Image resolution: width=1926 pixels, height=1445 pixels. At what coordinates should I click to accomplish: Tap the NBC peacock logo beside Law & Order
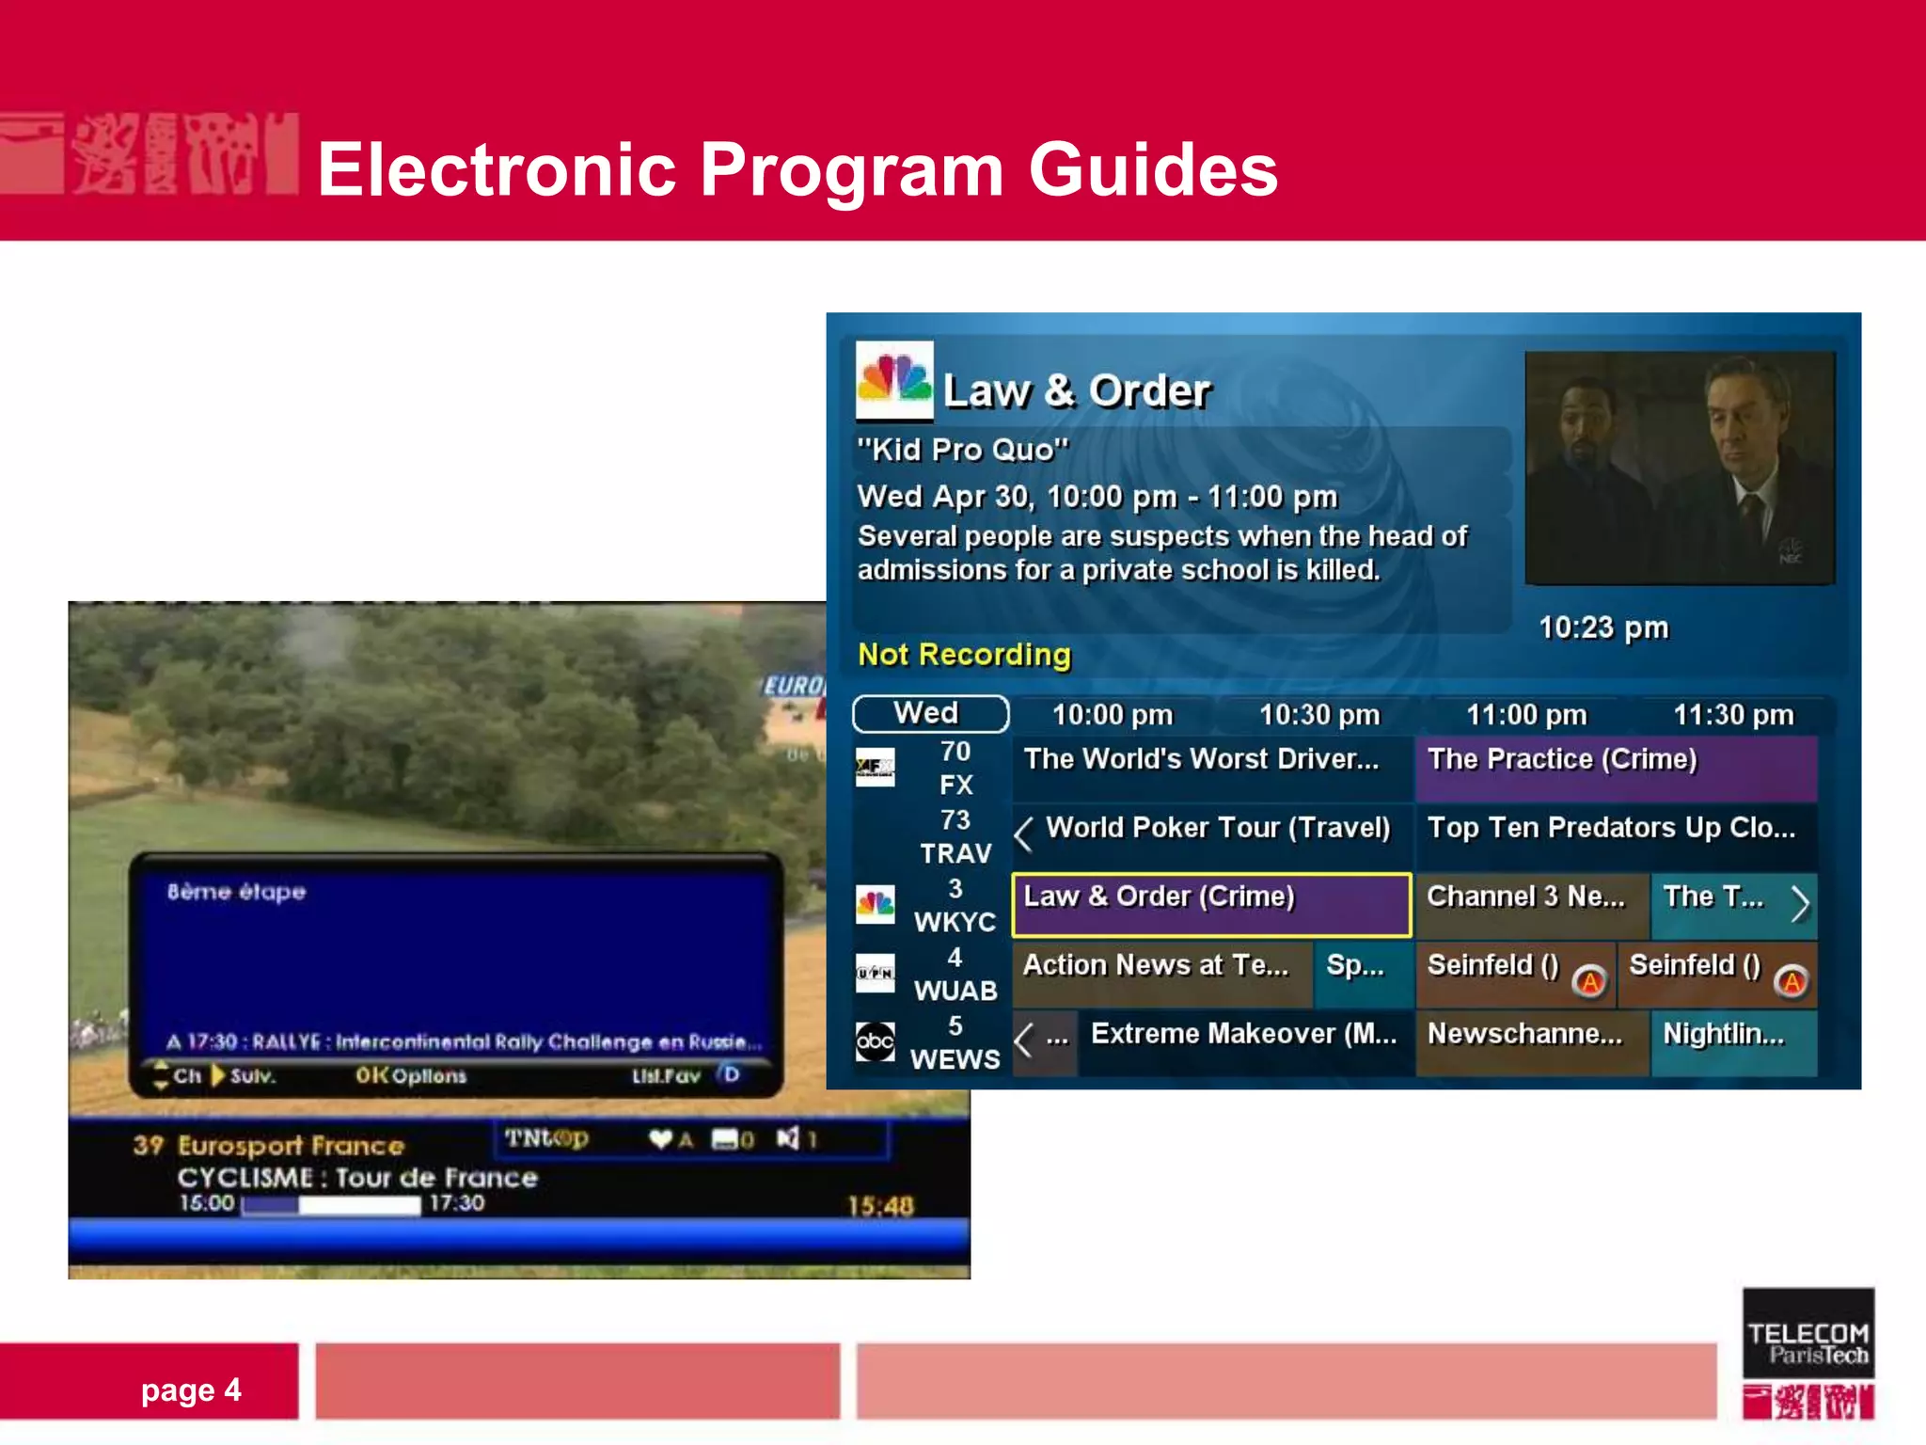click(x=893, y=380)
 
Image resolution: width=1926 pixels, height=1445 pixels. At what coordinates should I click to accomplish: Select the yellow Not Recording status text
click(x=964, y=655)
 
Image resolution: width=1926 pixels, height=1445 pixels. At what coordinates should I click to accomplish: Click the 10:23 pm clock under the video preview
click(x=1603, y=627)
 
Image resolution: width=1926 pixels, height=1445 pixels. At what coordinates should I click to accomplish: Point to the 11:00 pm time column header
click(x=1526, y=715)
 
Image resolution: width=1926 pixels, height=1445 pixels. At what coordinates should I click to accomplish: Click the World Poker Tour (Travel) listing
click(x=1218, y=828)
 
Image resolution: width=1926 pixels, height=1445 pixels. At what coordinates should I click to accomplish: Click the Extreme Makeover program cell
click(x=1243, y=1035)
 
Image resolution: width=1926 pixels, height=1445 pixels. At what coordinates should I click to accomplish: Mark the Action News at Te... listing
click(x=1157, y=966)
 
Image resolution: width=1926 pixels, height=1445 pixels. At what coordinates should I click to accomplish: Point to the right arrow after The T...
click(x=1800, y=904)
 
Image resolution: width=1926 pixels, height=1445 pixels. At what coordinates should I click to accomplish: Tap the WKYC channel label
click(x=955, y=922)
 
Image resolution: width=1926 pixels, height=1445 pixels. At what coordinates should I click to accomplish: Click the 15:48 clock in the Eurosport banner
click(x=880, y=1206)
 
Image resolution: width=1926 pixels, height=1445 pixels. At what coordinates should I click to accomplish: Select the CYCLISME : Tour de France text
click(x=357, y=1178)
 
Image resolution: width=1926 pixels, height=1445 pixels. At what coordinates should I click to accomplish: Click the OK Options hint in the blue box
click(x=411, y=1075)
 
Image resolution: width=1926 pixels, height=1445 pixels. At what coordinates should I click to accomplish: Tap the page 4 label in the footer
click(x=191, y=1390)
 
